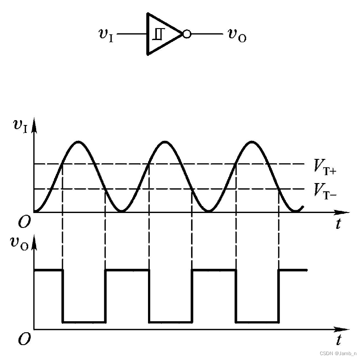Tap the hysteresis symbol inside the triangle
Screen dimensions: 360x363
click(x=158, y=34)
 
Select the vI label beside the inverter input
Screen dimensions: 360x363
click(x=106, y=34)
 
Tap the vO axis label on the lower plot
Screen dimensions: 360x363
click(x=19, y=244)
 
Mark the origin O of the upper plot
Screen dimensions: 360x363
click(x=25, y=222)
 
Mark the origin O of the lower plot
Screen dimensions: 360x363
click(x=25, y=339)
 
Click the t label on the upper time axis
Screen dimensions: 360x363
click(x=338, y=224)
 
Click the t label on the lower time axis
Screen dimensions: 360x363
click(x=338, y=340)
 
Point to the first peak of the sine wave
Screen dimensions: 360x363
click(x=78, y=142)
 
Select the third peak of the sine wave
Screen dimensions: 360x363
click(x=252, y=142)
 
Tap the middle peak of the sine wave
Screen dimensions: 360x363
click(x=165, y=142)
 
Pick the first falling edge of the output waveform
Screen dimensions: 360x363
click(x=63, y=296)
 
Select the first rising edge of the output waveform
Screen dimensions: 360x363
click(x=105, y=296)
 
